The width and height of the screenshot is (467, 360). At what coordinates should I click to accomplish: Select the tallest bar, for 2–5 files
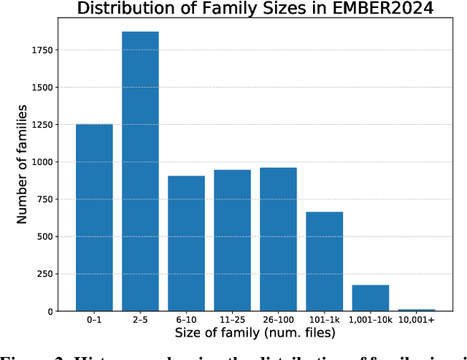[140, 172]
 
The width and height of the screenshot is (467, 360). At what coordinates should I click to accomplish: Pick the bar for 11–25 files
[232, 240]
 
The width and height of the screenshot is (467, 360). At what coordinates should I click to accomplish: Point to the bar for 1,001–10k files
[370, 298]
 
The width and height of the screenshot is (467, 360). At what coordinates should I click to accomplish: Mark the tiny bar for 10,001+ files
[416, 310]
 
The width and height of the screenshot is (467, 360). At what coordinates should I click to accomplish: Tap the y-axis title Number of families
[22, 164]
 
